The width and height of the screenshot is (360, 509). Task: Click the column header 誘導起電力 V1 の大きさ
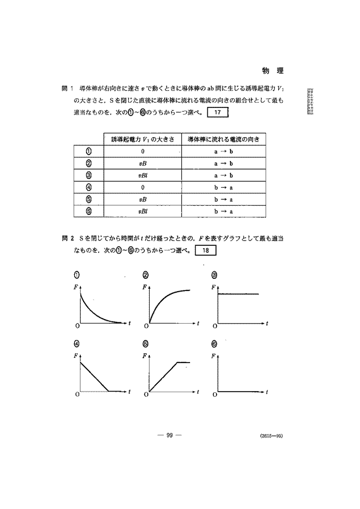143,140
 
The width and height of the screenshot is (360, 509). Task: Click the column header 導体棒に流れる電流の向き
223,140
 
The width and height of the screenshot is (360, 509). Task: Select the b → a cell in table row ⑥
223,212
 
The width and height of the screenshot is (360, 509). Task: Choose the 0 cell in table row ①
143,152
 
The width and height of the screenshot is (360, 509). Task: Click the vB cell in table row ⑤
143,199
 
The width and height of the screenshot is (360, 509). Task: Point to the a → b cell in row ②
223,164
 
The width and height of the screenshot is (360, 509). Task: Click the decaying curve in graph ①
95,308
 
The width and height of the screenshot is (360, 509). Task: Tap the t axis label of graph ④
129,391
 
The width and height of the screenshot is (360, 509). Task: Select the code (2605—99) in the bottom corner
272,435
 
